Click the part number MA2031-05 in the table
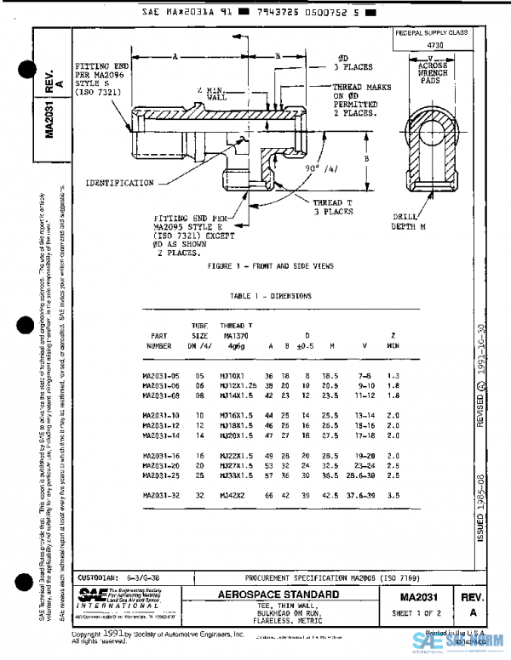(x=164, y=375)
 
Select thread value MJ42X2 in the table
(x=235, y=495)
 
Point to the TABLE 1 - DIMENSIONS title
(x=271, y=296)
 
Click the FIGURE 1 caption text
(x=272, y=266)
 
